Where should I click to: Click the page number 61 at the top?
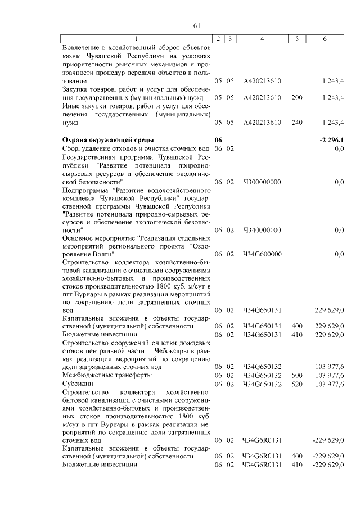[x=196, y=25]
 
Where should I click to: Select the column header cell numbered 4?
[x=262, y=38]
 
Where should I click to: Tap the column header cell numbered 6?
[x=325, y=38]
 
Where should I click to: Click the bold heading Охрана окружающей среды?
[x=108, y=139]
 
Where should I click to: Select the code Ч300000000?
[x=262, y=182]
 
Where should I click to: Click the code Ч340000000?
[x=262, y=230]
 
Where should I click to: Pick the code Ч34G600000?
[x=262, y=254]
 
